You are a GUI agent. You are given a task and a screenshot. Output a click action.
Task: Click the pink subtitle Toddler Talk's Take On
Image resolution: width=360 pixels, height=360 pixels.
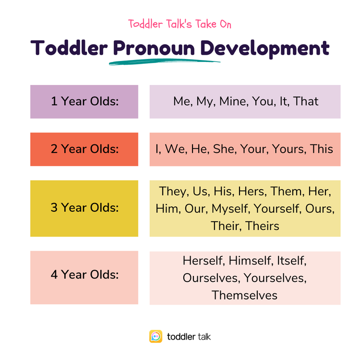point(180,24)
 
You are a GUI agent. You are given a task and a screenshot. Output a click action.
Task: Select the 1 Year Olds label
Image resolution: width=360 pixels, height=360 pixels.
point(84,101)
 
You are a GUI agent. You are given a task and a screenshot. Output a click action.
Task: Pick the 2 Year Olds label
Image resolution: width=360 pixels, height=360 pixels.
point(84,149)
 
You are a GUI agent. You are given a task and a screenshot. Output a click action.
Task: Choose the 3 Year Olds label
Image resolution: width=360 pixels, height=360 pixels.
point(84,208)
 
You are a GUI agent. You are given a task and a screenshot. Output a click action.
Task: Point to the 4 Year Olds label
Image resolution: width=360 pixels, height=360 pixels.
point(84,275)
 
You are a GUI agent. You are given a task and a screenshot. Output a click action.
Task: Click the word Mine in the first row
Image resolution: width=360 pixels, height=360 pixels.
point(232,101)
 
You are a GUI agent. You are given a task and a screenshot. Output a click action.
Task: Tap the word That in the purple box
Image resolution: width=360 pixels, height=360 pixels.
point(306,101)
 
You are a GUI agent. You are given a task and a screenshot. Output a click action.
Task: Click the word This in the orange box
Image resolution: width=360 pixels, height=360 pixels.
point(322,149)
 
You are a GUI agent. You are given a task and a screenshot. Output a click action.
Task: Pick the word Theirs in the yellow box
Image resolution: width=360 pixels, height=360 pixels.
point(263,226)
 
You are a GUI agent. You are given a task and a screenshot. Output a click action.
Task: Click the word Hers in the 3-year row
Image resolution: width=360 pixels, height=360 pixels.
point(252,191)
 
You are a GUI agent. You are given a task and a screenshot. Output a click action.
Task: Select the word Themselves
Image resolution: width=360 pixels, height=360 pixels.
point(245,295)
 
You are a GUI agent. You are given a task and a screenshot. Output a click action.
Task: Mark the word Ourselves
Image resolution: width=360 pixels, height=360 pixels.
point(210,278)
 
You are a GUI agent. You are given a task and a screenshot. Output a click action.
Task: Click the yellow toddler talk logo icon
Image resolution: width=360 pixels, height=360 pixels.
point(156,336)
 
